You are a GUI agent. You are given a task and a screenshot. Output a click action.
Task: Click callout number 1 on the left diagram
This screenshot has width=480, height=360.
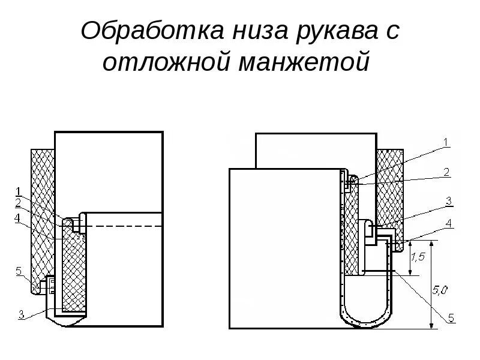point(18,191)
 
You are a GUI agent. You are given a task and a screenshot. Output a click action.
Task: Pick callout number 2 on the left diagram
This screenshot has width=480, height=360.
point(18,201)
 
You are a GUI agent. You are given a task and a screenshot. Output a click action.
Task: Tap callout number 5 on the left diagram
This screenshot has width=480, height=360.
point(18,271)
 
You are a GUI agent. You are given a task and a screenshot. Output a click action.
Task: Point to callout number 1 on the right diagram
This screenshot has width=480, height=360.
point(446,142)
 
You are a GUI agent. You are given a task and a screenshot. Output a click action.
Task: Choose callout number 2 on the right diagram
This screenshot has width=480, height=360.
point(446,172)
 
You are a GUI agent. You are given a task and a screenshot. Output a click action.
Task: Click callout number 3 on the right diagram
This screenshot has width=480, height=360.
point(448,200)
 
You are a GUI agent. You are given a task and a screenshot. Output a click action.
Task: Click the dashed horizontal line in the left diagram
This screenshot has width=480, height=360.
point(126,226)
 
